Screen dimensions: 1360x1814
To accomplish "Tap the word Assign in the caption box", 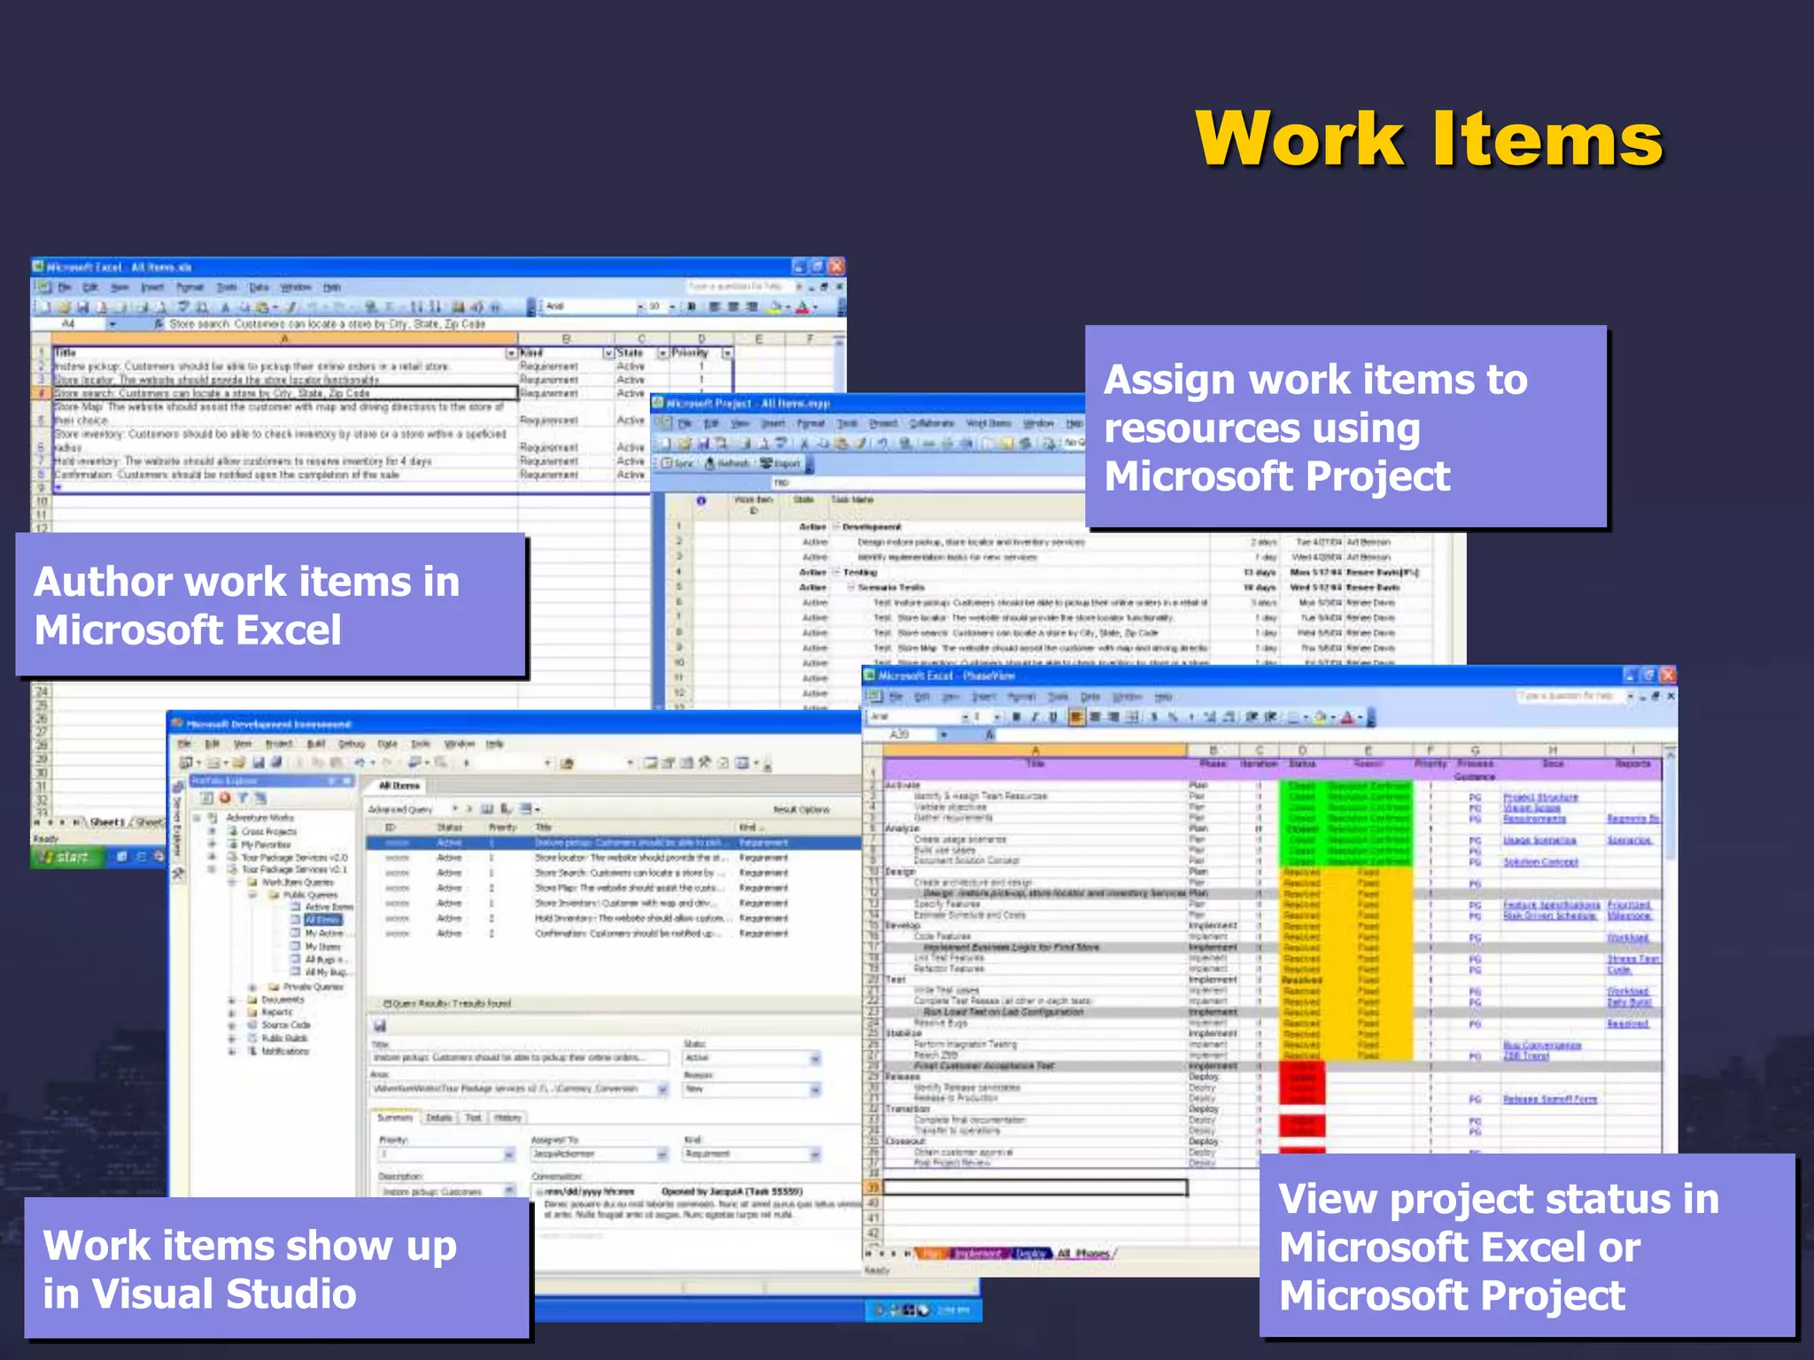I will click(1169, 381).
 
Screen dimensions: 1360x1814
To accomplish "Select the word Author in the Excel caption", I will click(103, 583).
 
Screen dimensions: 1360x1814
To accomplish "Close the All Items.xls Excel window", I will click(835, 267).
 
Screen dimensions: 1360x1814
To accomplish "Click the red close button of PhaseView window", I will click(1667, 676).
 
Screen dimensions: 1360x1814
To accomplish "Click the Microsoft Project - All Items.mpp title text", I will click(748, 404).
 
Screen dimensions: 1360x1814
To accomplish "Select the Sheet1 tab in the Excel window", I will click(107, 823).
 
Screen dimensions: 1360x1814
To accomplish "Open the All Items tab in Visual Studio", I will click(399, 785).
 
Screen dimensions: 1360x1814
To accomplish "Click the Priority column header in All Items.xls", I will click(691, 352).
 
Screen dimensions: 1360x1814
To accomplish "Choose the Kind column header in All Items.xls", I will click(532, 352).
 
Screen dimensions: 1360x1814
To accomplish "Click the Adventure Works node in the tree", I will click(260, 817).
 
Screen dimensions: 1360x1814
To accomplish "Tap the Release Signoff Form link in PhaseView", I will click(1549, 1099).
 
